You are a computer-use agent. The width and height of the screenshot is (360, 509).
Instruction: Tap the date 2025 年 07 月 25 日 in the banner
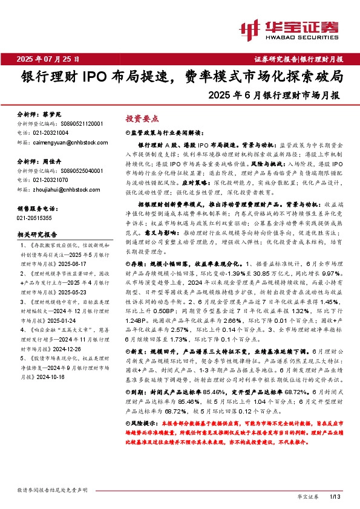pos(48,59)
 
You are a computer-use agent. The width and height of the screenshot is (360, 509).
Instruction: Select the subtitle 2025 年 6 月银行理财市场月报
pos(273,96)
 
